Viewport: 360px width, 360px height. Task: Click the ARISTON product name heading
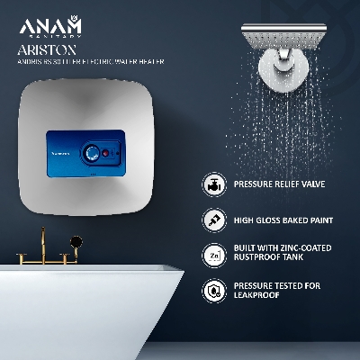coord(47,51)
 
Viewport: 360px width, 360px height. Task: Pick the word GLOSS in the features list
coord(272,220)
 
